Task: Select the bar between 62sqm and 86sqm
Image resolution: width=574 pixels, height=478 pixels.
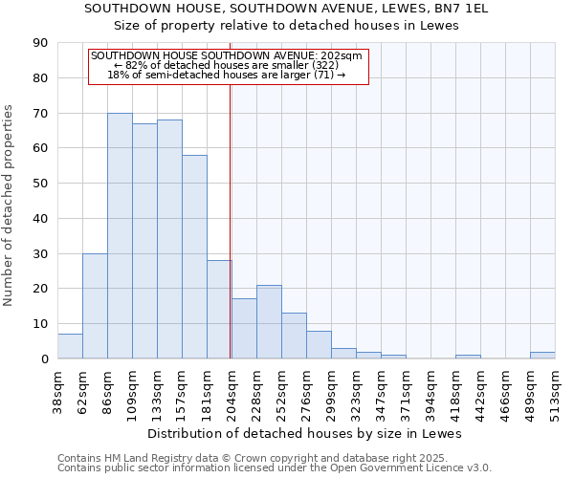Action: tap(95, 306)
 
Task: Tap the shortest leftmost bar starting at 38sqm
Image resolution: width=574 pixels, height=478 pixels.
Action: tap(70, 346)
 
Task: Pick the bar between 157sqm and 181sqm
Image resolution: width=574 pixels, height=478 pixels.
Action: tap(194, 257)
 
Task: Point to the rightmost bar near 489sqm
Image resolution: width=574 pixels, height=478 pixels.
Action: tap(542, 356)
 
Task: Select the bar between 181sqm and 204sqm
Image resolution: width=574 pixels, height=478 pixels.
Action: tap(219, 310)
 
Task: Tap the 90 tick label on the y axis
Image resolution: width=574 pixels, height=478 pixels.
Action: tap(40, 43)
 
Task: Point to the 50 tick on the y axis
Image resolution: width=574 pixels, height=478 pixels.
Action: tap(40, 184)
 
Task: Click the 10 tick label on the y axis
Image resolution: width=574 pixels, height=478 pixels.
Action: tap(40, 324)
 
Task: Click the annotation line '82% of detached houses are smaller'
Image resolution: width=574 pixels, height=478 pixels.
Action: tap(228, 64)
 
